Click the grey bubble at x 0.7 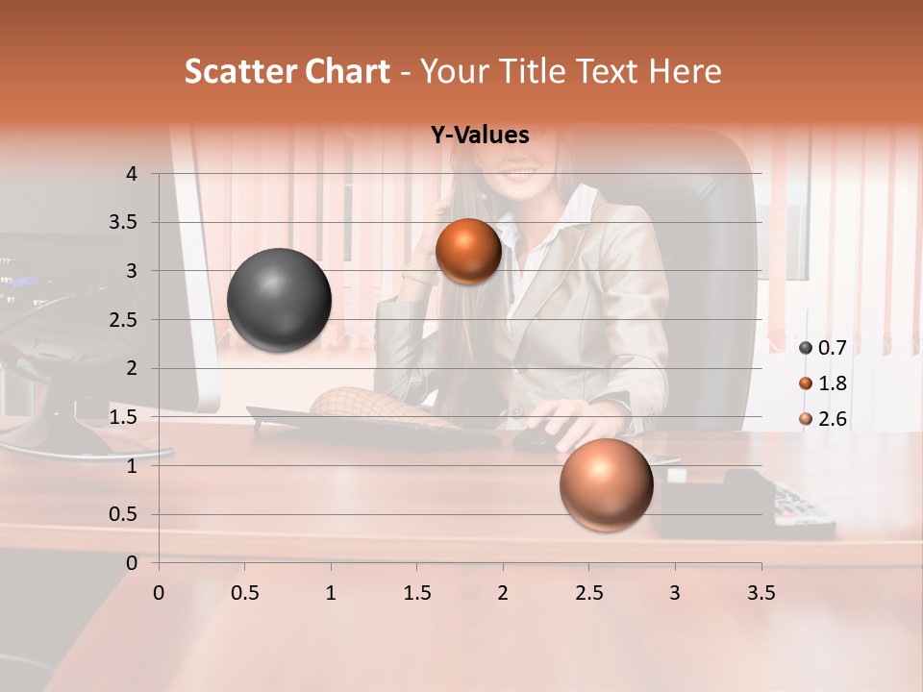[279, 300]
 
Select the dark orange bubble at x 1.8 [468, 251]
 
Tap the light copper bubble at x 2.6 [606, 484]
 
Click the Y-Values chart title [480, 136]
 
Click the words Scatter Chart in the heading [287, 71]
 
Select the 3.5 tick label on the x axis [761, 593]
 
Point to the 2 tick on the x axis [503, 593]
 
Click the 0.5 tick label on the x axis [244, 593]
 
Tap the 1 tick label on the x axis [331, 593]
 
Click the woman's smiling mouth [520, 176]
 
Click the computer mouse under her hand [538, 439]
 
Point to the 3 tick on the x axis [675, 593]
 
